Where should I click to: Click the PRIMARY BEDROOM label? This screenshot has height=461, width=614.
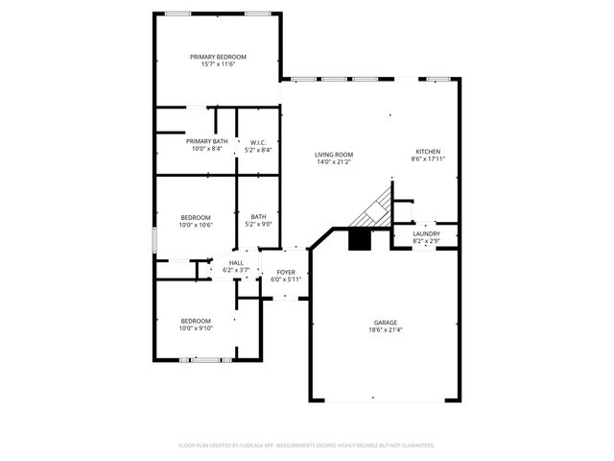[218, 57]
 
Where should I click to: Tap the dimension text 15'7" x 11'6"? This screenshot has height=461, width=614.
[218, 64]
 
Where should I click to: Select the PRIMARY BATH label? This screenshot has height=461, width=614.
[206, 141]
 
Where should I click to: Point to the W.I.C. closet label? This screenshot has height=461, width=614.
[258, 141]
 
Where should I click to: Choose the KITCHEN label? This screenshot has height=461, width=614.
[427, 151]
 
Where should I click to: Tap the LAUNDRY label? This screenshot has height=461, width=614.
[426, 233]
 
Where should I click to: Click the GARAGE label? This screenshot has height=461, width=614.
[386, 322]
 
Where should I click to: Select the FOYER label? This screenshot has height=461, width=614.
[286, 272]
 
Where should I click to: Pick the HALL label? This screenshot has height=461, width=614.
[236, 262]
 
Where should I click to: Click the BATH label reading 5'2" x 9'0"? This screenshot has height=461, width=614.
[259, 217]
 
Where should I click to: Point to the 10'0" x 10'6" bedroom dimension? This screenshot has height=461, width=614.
[196, 225]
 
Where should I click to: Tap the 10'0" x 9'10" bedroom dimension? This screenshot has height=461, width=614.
[196, 328]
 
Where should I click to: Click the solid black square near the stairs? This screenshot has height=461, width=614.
[360, 239]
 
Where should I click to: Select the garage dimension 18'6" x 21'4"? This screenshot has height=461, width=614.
[386, 329]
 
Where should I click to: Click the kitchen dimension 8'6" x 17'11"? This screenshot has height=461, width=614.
[427, 158]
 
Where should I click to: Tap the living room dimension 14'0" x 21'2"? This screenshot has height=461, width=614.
[334, 162]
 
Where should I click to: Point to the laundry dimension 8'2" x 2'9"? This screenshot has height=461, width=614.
[426, 241]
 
